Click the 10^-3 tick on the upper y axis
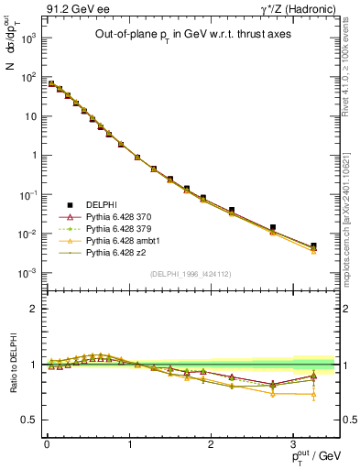coord(28,273)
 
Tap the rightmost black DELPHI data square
coord(313,245)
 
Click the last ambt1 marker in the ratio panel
coord(313,395)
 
